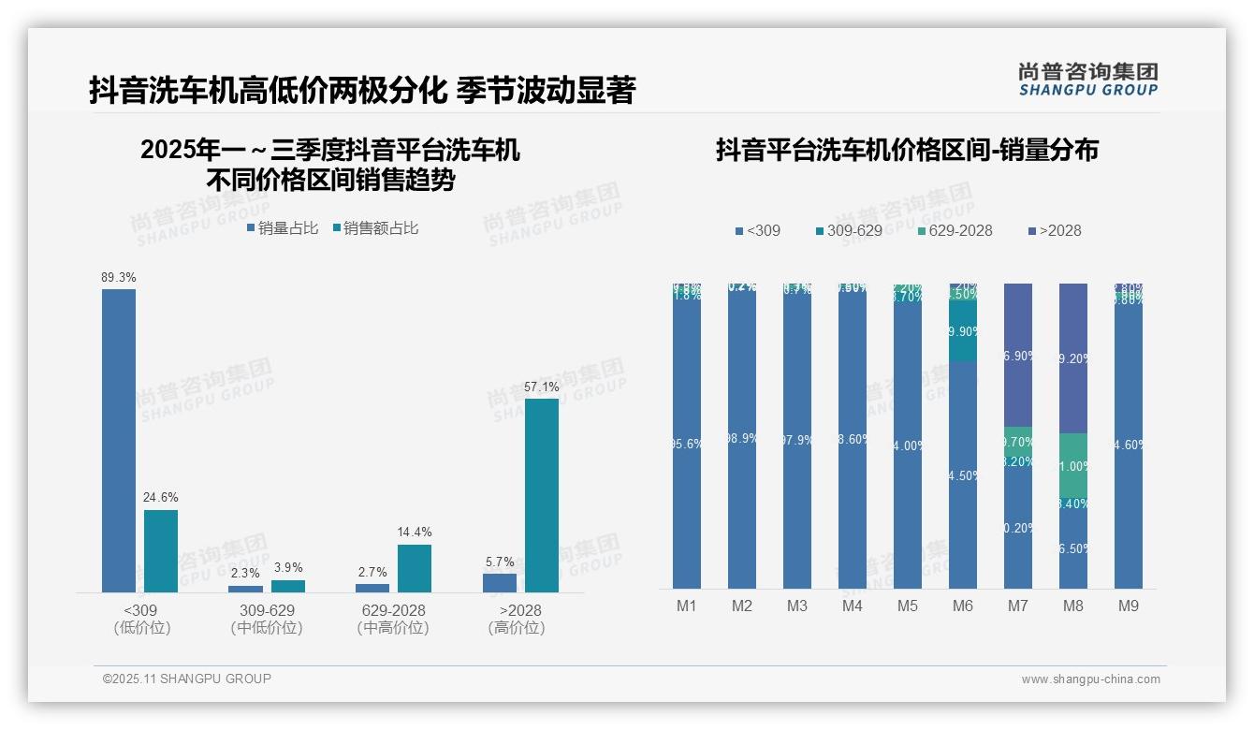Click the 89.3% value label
tap(119, 278)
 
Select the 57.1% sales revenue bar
tap(541, 495)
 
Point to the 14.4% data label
tap(414, 533)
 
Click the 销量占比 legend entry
tap(283, 228)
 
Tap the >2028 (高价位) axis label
tap(516, 619)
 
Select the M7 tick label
tap(1017, 606)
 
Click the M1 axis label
tap(687, 606)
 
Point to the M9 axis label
tap(1129, 606)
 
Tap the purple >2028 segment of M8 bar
tap(1073, 358)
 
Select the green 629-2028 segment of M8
tap(1073, 465)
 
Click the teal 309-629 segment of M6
tap(963, 331)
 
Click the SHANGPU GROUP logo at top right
tap(1087, 79)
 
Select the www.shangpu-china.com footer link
tap(1090, 679)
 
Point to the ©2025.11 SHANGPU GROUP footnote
tap(187, 679)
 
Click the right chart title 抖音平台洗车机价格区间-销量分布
tap(907, 150)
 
